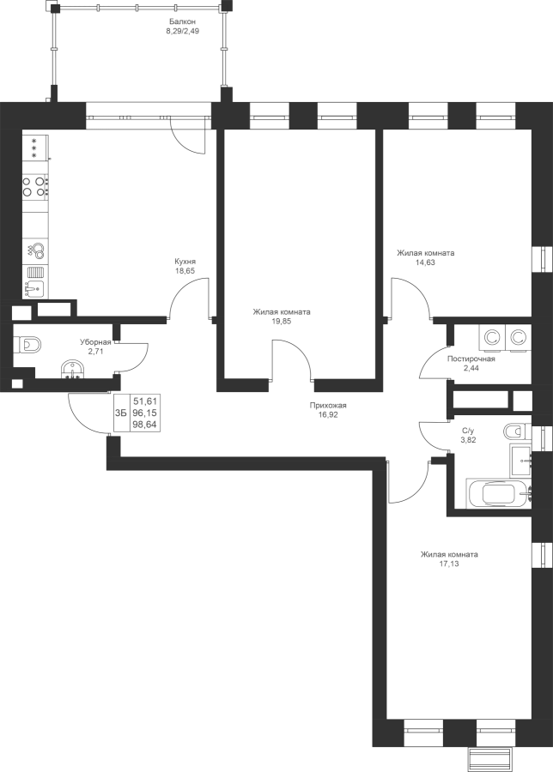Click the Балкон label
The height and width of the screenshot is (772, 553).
tap(182, 21)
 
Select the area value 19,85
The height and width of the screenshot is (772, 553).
tap(282, 321)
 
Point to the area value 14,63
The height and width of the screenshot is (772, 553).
tap(425, 262)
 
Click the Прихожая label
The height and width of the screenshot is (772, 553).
tap(328, 406)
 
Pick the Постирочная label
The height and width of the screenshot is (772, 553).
tap(471, 359)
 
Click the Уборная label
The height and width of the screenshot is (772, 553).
tap(95, 341)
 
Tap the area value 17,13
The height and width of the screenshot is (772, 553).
tap(448, 564)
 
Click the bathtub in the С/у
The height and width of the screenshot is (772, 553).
tap(499, 493)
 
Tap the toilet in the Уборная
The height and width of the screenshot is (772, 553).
tap(28, 344)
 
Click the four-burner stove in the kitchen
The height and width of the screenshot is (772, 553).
tap(35, 187)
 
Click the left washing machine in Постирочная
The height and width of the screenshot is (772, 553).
tap(491, 338)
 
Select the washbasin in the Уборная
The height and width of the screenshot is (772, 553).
tap(74, 369)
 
